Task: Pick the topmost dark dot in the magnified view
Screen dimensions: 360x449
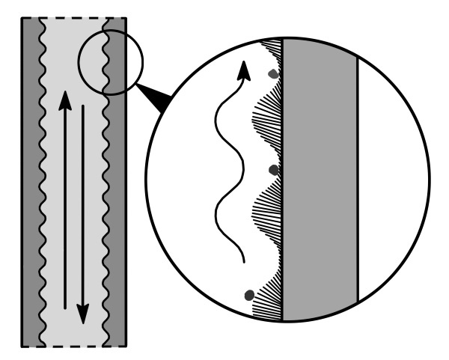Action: [273, 74]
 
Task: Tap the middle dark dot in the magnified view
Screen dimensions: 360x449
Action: [273, 170]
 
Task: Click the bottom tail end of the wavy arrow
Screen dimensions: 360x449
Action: [245, 261]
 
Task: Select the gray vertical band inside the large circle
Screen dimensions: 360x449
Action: [320, 180]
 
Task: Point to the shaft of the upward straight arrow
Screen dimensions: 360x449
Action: [66, 210]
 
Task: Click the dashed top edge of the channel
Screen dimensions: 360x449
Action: [73, 16]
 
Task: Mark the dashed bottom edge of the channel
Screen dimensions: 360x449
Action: [73, 347]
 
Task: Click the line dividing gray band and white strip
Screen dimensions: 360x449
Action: [358, 180]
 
